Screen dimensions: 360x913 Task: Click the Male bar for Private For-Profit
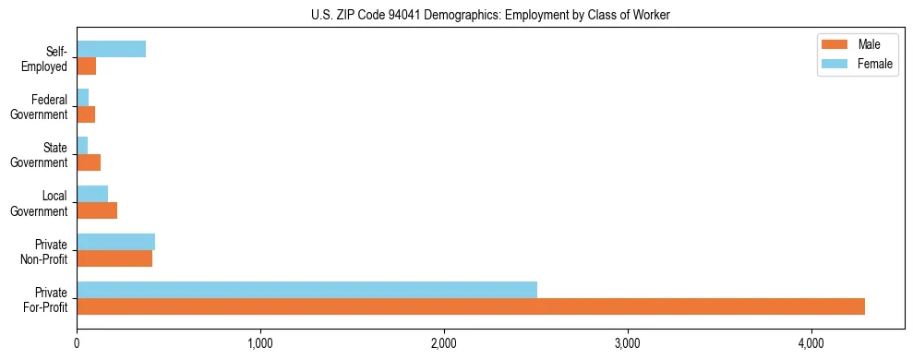(x=471, y=306)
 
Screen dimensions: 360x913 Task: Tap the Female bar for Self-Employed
(x=111, y=50)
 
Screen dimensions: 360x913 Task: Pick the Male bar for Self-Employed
(x=86, y=66)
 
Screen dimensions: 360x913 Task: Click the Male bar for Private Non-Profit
(x=114, y=258)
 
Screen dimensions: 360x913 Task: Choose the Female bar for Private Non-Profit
(x=115, y=242)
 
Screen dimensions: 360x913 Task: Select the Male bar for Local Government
(x=97, y=210)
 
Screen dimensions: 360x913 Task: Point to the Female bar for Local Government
(x=92, y=194)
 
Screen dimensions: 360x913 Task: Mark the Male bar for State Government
(x=89, y=162)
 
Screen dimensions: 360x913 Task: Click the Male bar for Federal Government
(x=86, y=114)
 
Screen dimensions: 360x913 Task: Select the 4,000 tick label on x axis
(x=811, y=343)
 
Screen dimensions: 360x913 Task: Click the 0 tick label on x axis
(x=77, y=343)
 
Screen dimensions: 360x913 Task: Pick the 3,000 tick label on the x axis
(x=628, y=343)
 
